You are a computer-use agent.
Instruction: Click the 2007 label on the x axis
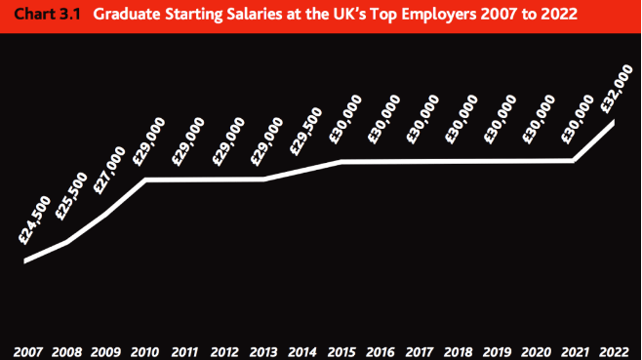(x=27, y=350)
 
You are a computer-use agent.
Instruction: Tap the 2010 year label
(x=144, y=350)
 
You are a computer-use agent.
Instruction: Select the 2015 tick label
(x=341, y=350)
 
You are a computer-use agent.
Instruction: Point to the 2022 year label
(x=614, y=350)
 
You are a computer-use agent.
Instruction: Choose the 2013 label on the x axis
(x=262, y=350)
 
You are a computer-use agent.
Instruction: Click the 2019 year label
(x=497, y=350)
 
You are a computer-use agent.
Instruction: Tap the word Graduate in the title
(x=128, y=16)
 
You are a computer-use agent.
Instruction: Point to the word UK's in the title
(x=351, y=16)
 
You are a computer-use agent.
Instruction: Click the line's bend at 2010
(x=145, y=180)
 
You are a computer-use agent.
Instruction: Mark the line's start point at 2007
(x=26, y=260)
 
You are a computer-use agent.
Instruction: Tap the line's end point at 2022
(x=614, y=121)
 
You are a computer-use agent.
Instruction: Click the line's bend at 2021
(x=574, y=160)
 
